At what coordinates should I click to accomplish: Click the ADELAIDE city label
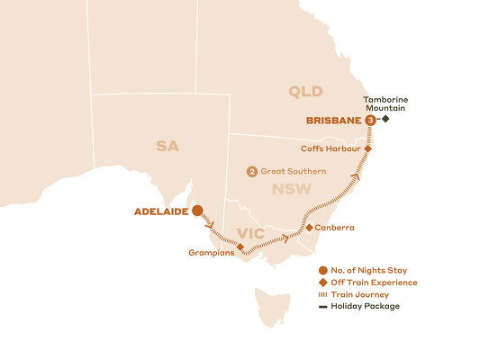(x=161, y=212)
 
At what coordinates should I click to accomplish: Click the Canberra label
(x=335, y=228)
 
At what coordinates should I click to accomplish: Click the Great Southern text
(x=294, y=172)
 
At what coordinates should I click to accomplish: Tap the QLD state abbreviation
(x=304, y=91)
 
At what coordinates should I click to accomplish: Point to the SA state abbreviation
(x=168, y=146)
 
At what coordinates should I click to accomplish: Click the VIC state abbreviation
(x=249, y=235)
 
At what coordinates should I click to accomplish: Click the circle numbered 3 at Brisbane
(x=370, y=119)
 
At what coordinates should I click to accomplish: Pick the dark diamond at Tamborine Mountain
(x=385, y=119)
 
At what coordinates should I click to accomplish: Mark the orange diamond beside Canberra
(x=309, y=228)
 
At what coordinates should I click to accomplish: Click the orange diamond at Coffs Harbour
(x=367, y=148)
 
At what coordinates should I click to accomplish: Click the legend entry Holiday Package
(x=365, y=306)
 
